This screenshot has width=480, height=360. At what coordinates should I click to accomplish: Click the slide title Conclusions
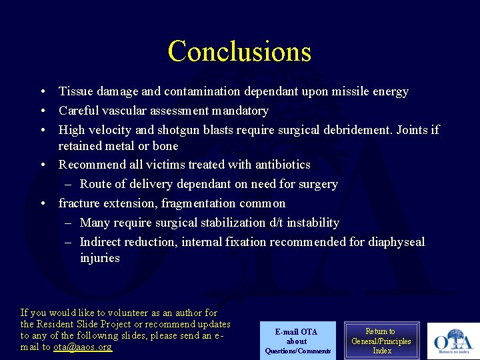click(x=239, y=51)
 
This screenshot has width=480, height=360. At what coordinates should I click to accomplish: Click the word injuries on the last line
click(x=99, y=258)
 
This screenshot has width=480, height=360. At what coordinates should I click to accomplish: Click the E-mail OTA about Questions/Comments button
click(x=297, y=341)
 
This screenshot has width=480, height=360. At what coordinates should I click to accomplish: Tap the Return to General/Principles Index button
click(x=382, y=341)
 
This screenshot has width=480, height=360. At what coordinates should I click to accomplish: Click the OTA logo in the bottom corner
click(x=453, y=341)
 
